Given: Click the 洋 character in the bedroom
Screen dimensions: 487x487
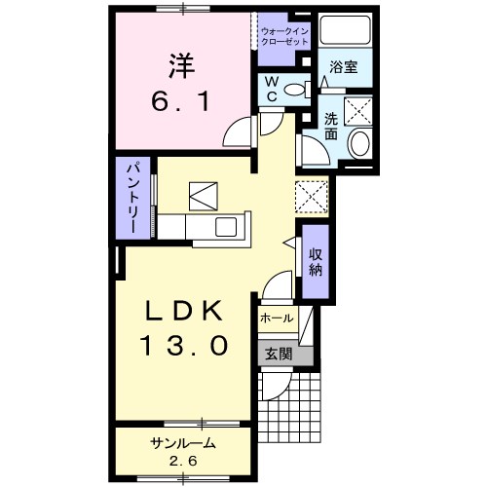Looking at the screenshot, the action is click(182, 66).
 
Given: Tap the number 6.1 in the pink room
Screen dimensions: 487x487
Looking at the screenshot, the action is click(180, 100).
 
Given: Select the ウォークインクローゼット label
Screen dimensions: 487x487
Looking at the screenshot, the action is click(284, 37).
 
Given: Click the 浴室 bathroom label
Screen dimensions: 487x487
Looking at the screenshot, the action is click(344, 66).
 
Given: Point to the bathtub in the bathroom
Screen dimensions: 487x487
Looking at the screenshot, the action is click(345, 29).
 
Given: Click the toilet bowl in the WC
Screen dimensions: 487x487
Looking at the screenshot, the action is click(295, 90).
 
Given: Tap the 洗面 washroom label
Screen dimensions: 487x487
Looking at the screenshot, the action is click(331, 127).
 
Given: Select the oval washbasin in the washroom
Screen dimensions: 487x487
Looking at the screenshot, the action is click(359, 143).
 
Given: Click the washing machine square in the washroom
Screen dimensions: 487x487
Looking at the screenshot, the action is click(358, 111).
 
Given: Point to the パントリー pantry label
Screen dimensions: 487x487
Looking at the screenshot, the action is click(133, 199).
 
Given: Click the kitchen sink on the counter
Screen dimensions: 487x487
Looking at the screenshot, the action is click(226, 227).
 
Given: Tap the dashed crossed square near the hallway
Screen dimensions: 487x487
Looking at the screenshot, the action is click(312, 197).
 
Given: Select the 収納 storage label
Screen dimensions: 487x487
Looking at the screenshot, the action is click(315, 262).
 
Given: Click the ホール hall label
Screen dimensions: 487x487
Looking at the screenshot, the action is click(277, 318).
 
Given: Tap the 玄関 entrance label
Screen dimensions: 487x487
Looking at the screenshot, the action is click(279, 355).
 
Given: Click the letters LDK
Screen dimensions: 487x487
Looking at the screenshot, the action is click(184, 311).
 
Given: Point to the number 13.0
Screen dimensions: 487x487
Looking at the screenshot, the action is click(184, 346).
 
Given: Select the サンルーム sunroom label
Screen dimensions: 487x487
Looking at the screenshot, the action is click(183, 443).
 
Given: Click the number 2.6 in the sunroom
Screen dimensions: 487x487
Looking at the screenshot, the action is click(183, 461).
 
